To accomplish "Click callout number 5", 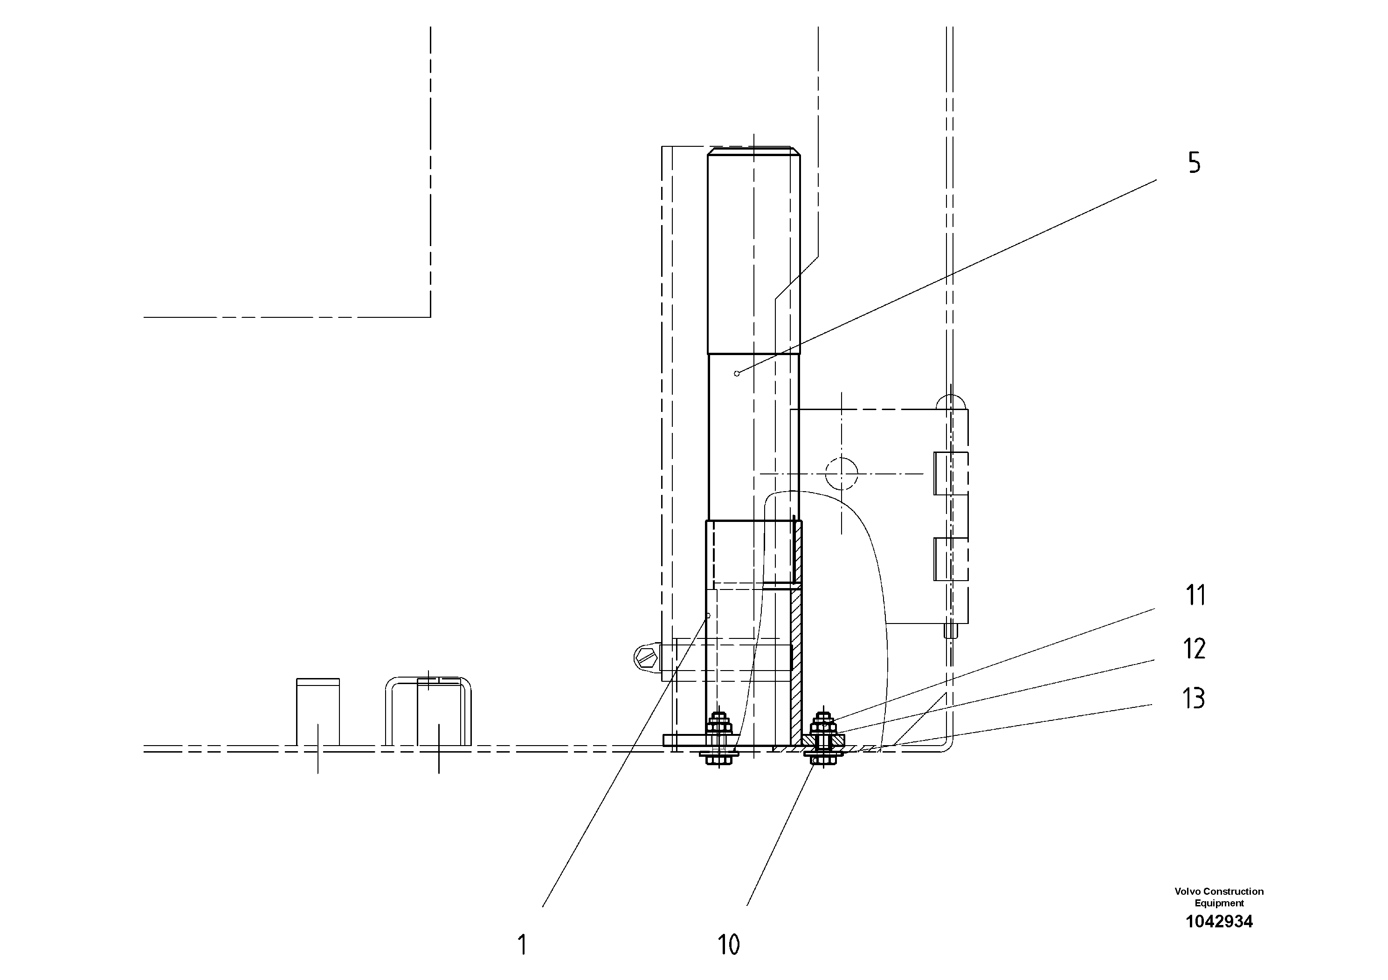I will pos(1194,163).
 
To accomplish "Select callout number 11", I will pos(1195,596).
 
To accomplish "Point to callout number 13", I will pos(1193,699).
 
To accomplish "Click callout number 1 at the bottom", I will pos(522,945).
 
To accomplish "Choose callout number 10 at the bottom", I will pos(728,945).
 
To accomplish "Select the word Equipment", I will pos(1219,903).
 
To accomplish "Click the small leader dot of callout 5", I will pos(736,373).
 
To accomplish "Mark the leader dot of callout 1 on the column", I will pos(708,616).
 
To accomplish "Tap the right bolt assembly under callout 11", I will pos(822,740).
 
